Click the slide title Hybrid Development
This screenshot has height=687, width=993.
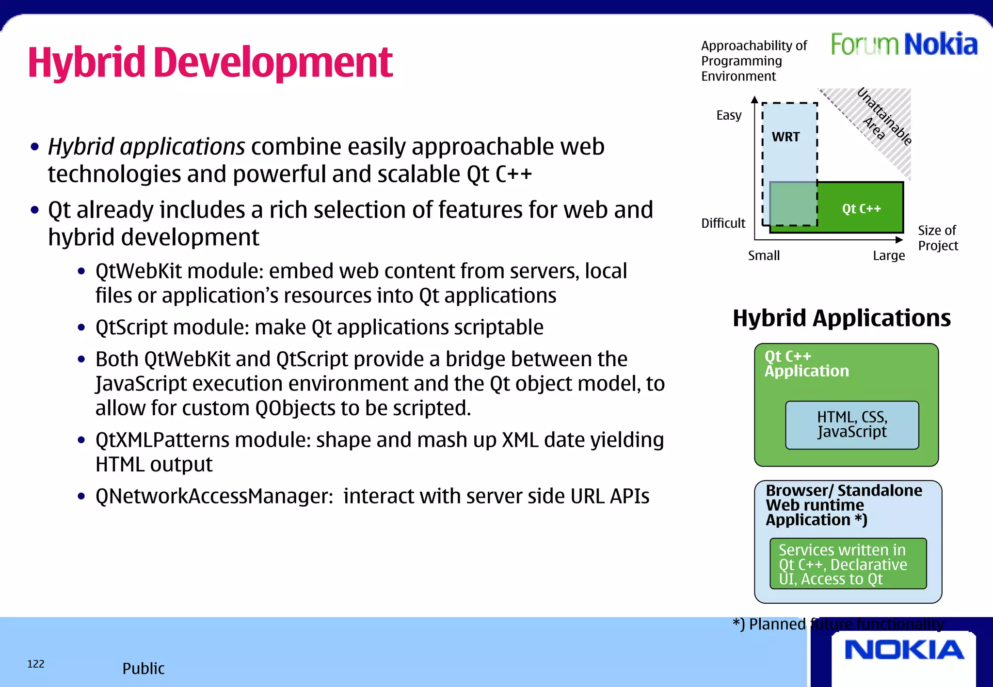(x=210, y=62)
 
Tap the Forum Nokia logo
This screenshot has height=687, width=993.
(x=904, y=45)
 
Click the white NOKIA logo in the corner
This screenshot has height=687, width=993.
(x=904, y=650)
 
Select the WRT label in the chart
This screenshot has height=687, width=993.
(x=785, y=137)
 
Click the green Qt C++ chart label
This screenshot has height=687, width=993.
(x=861, y=209)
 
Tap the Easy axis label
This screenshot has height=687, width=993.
(x=729, y=115)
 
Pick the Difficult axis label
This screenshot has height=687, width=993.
(x=723, y=223)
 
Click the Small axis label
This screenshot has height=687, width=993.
(x=764, y=255)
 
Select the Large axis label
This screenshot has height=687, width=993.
(x=889, y=255)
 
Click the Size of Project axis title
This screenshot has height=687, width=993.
(x=938, y=238)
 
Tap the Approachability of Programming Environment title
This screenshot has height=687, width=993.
(x=753, y=61)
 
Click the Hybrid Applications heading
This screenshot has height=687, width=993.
(x=841, y=318)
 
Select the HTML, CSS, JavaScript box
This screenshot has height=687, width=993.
(x=852, y=424)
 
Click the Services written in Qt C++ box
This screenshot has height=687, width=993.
(x=848, y=564)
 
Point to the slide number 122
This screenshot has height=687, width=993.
(x=36, y=664)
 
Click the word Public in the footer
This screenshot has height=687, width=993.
(x=143, y=669)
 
